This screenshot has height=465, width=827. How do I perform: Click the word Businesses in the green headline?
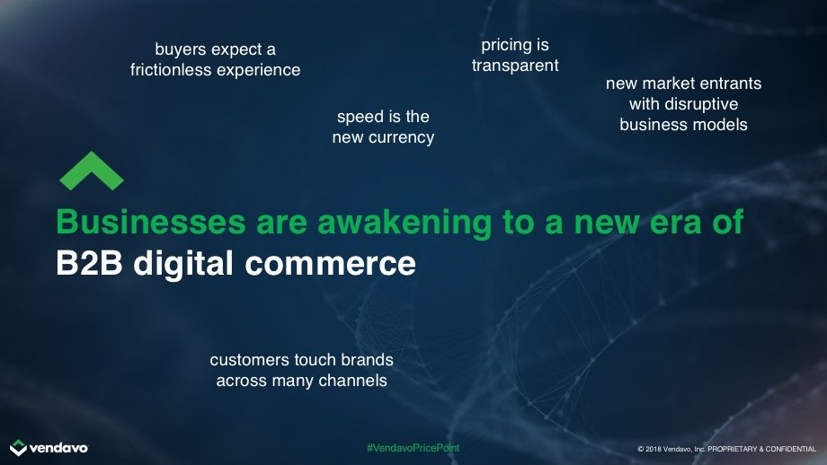point(151,222)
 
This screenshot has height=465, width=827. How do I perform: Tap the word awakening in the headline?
point(405,223)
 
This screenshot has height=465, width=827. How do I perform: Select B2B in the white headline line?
point(89,263)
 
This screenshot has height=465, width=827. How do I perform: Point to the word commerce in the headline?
point(330,263)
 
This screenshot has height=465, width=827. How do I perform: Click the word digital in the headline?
point(183,263)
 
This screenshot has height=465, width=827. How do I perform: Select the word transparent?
point(515,66)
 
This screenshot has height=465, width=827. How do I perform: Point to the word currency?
point(402,137)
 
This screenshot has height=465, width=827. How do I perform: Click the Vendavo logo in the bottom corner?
point(49,448)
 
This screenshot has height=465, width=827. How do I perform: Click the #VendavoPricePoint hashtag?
point(413,448)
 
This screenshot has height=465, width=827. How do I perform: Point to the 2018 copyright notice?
point(727,449)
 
